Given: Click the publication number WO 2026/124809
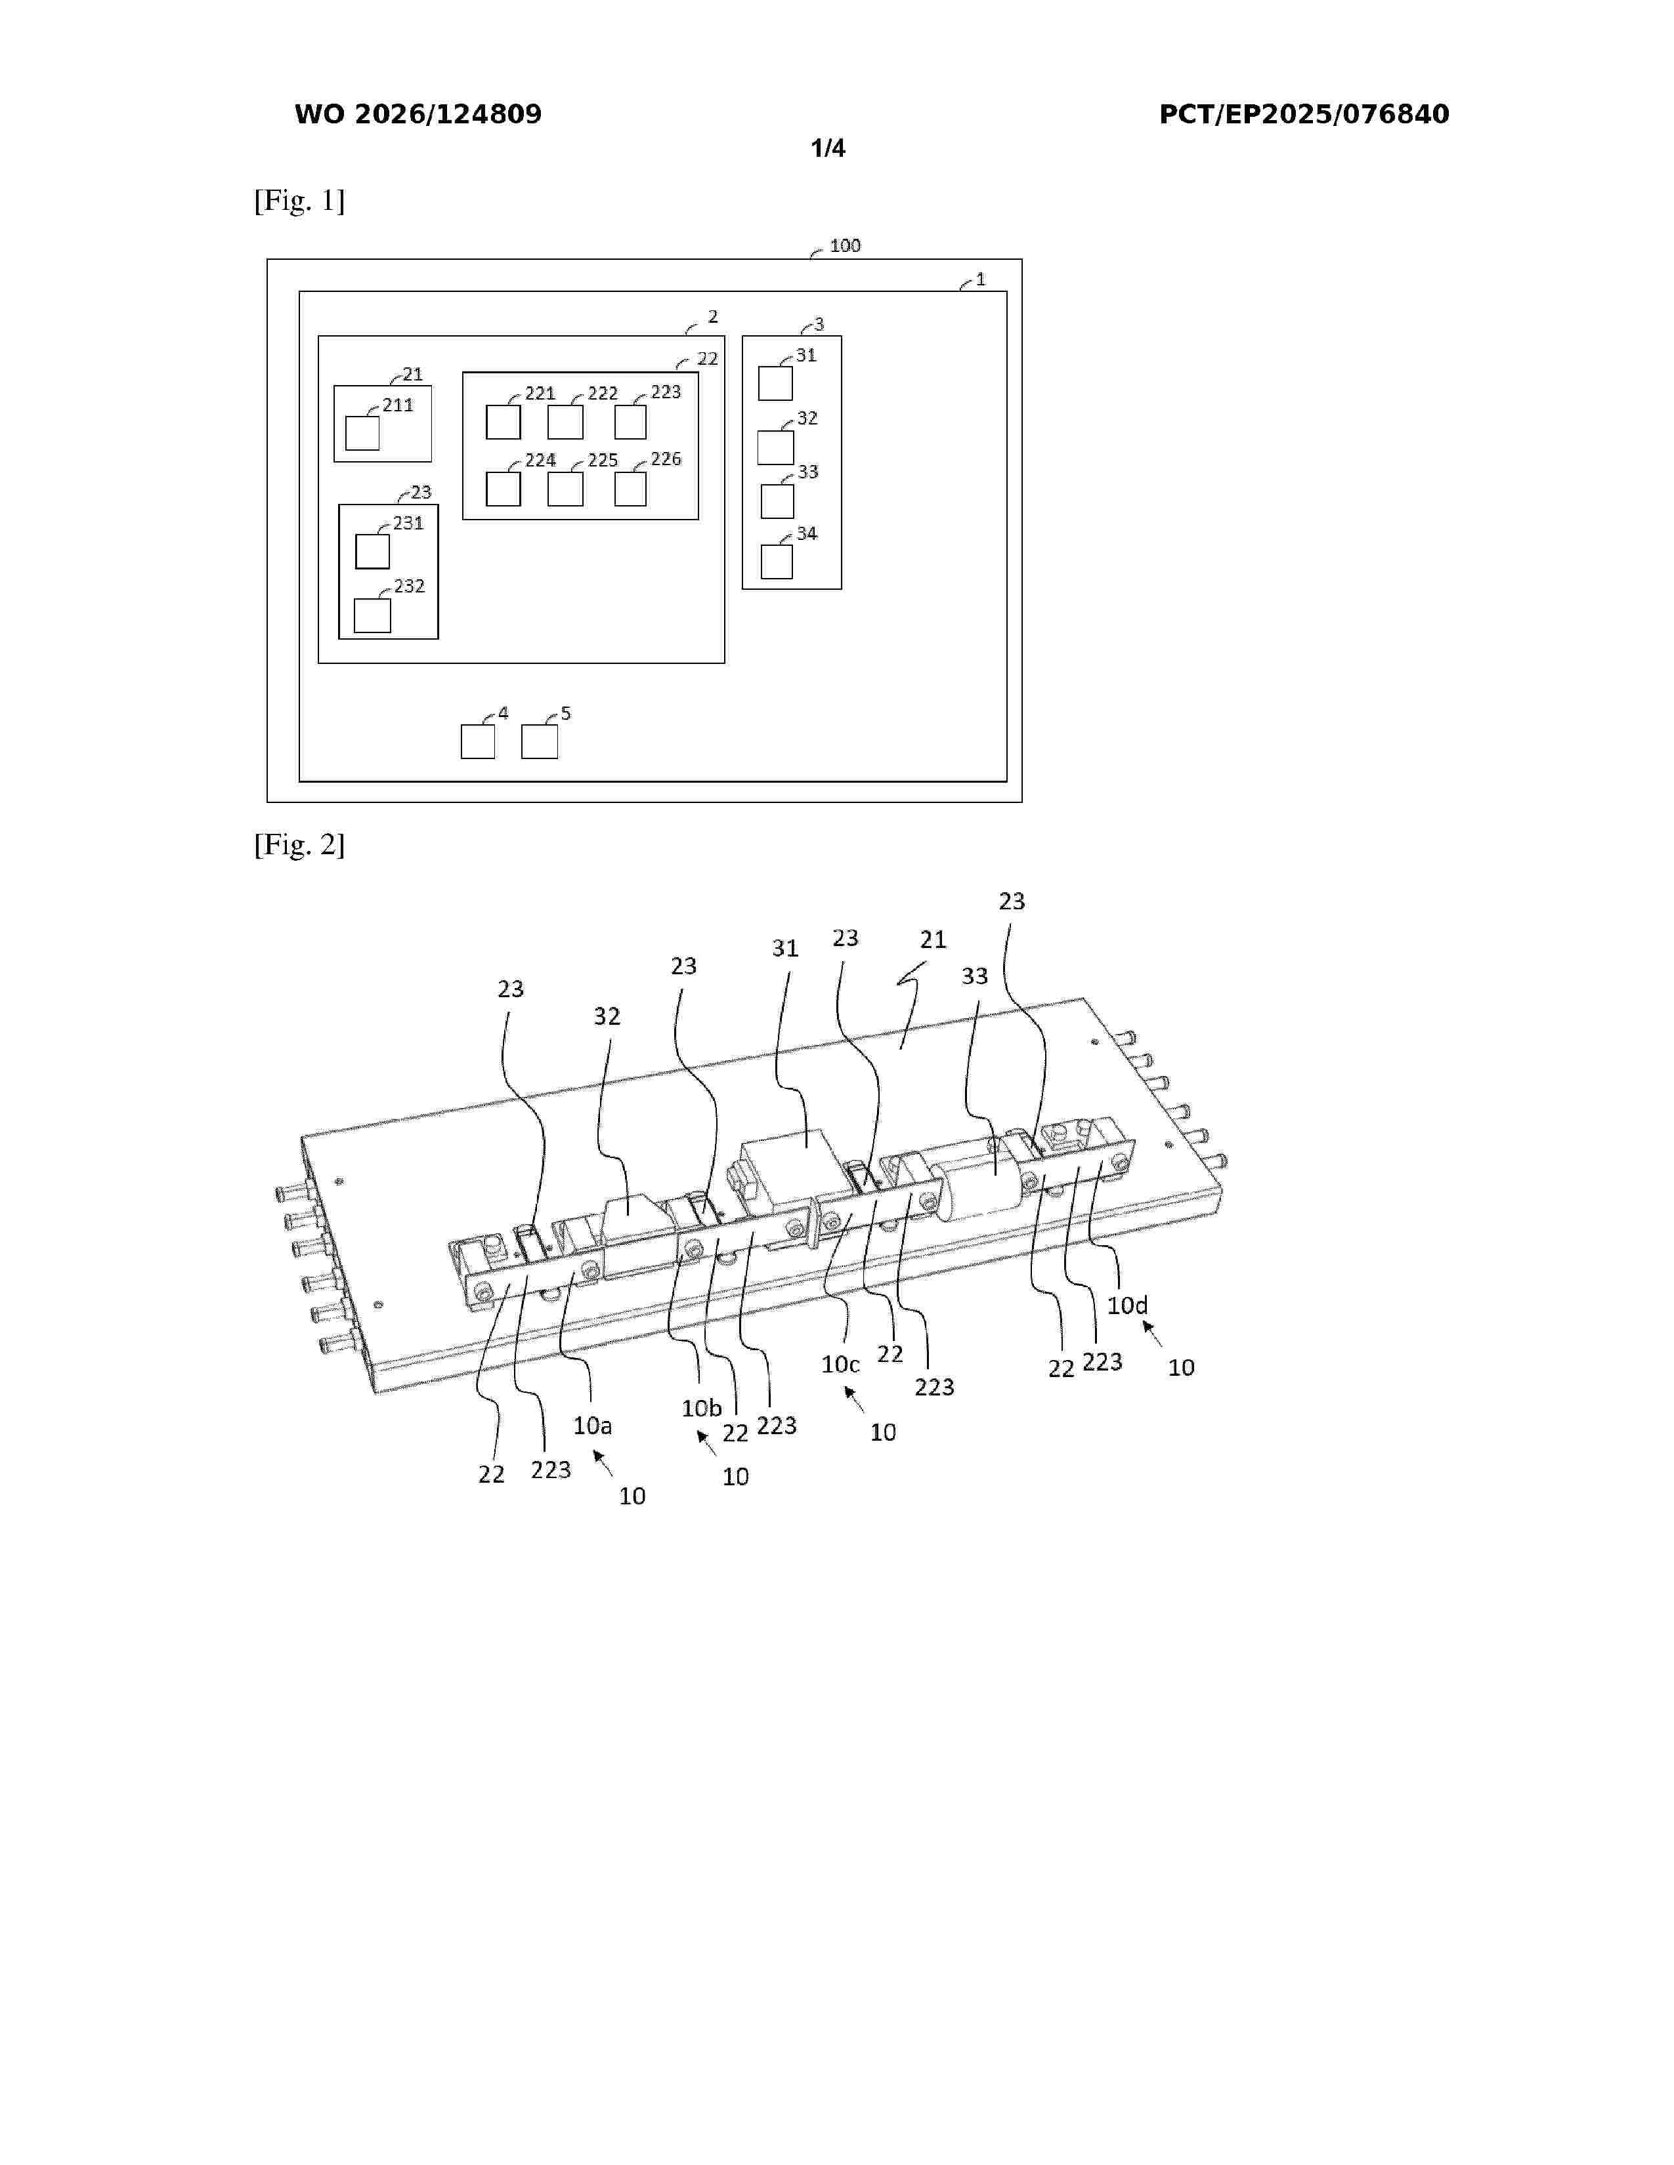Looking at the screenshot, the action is (x=418, y=114).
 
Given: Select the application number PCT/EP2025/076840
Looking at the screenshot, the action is (x=1304, y=114).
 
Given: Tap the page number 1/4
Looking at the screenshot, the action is (x=828, y=149).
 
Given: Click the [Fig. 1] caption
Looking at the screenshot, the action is (x=299, y=201).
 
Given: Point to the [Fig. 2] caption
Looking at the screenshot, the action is (x=299, y=844).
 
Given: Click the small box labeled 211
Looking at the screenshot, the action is (x=362, y=433).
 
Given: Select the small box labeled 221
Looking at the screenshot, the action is (x=503, y=423).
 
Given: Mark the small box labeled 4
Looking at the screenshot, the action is (x=478, y=741).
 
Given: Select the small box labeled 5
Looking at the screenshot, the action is (x=540, y=741).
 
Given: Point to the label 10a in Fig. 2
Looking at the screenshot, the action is (x=592, y=1426).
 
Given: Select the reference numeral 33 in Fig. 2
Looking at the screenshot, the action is (x=975, y=976).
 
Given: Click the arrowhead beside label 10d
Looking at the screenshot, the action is (x=1148, y=1325).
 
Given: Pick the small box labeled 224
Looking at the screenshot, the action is (x=503, y=489).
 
